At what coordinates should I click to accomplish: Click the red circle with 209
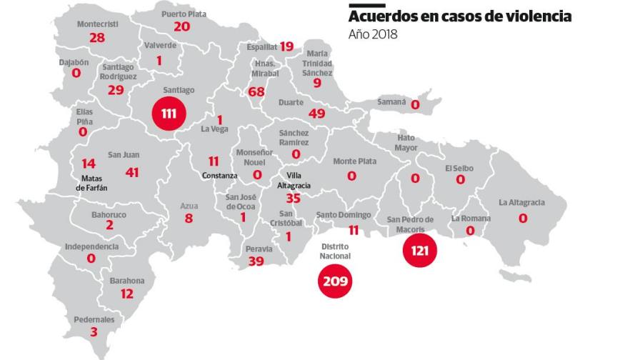pyautogui.click(x=335, y=281)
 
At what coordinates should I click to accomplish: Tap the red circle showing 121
pyautogui.click(x=420, y=251)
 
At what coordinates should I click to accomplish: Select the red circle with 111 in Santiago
pyautogui.click(x=169, y=114)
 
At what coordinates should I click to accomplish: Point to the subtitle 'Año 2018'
pyautogui.click(x=372, y=34)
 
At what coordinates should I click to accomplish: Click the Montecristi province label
pyautogui.click(x=98, y=24)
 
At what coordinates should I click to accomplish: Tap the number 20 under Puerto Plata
pyautogui.click(x=182, y=26)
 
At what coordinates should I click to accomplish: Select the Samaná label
pyautogui.click(x=392, y=102)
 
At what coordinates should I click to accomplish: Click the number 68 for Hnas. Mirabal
pyautogui.click(x=256, y=92)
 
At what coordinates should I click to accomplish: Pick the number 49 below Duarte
pyautogui.click(x=316, y=114)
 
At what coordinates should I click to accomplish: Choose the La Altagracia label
pyautogui.click(x=521, y=203)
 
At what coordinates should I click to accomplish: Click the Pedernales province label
pyautogui.click(x=93, y=319)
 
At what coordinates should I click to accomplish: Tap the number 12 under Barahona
pyautogui.click(x=127, y=294)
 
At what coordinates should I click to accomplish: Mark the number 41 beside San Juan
pyautogui.click(x=131, y=171)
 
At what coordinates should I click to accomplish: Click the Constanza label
pyautogui.click(x=219, y=176)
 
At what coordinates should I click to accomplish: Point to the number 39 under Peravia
pyautogui.click(x=255, y=261)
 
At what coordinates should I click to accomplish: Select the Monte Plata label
pyautogui.click(x=354, y=161)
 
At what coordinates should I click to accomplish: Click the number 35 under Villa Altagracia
pyautogui.click(x=293, y=199)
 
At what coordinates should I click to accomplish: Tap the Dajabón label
pyautogui.click(x=74, y=62)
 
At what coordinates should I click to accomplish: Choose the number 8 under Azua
pyautogui.click(x=189, y=219)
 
